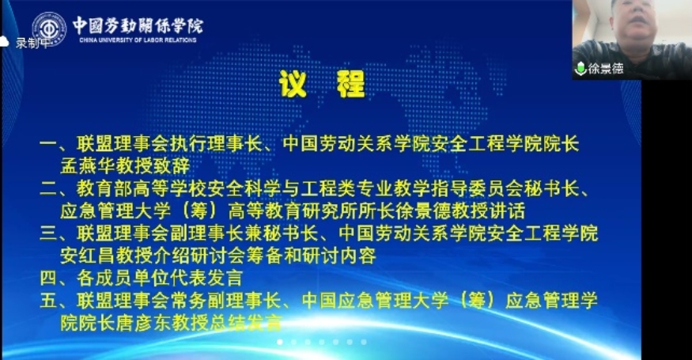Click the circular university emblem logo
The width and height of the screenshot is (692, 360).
tap(49, 29)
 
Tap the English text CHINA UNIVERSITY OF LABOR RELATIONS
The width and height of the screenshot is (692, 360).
tap(138, 40)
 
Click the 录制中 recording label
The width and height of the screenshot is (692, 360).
tap(32, 43)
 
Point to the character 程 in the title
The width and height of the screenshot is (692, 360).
tap(351, 84)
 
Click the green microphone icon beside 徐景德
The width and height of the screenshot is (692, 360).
tap(580, 69)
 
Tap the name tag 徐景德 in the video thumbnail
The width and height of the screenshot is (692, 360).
tap(606, 69)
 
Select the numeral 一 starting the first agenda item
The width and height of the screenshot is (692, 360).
tap(48, 143)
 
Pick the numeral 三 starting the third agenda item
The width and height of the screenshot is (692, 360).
tap(48, 233)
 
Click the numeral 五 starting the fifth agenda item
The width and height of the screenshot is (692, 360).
tap(48, 301)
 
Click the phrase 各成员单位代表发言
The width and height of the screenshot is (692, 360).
tap(160, 279)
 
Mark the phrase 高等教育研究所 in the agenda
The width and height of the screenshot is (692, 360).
tap(293, 210)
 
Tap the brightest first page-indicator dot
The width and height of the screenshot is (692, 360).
tap(280, 342)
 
